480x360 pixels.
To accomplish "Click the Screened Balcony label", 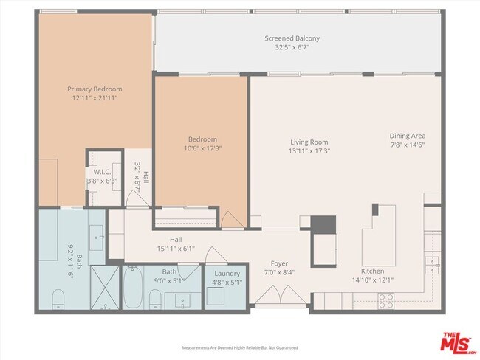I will click(292, 38).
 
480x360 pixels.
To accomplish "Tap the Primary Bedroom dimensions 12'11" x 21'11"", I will click(95, 97).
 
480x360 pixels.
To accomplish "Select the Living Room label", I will click(309, 142).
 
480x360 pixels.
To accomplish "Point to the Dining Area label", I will click(407, 136).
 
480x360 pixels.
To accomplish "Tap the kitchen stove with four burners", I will click(385, 299).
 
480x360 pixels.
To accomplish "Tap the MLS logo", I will click(457, 343).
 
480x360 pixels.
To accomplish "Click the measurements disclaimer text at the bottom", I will click(239, 347).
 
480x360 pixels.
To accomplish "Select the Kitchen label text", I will click(361, 271).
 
